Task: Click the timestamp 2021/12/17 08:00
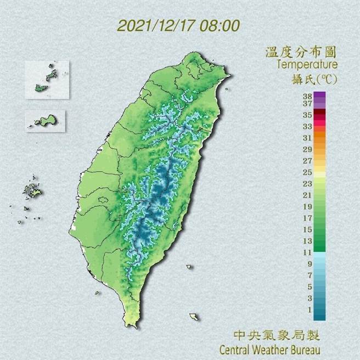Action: tap(178, 26)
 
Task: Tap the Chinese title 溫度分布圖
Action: tap(300, 53)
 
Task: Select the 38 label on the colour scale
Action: tap(307, 97)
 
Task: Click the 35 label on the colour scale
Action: tap(307, 115)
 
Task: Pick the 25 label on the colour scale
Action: tap(307, 172)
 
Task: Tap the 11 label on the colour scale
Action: tap(307, 252)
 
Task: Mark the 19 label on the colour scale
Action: tap(307, 206)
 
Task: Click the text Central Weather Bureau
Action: tap(269, 349)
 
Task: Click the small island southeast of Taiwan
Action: tap(194, 317)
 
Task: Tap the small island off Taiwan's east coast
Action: tap(189, 267)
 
